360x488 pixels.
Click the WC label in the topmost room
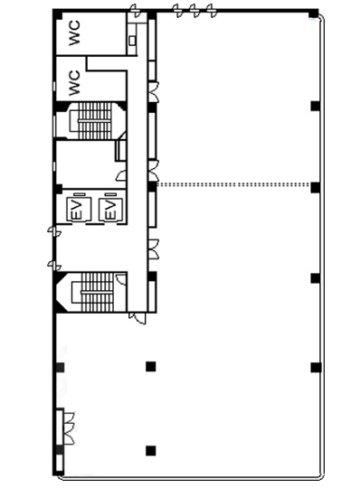(x=74, y=33)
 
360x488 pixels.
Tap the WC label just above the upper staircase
(x=74, y=83)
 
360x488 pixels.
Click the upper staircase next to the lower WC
(x=94, y=121)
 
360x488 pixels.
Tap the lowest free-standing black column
(x=151, y=451)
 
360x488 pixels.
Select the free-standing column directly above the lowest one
(x=151, y=367)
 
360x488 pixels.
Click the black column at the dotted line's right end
(x=316, y=187)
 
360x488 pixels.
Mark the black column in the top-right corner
(x=314, y=14)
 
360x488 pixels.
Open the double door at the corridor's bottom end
(x=137, y=318)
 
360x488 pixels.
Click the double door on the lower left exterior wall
(x=69, y=428)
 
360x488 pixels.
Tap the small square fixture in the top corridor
(x=132, y=40)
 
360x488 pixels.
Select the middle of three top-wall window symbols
(x=194, y=11)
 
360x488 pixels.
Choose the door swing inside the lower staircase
(x=121, y=279)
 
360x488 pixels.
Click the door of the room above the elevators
(x=121, y=175)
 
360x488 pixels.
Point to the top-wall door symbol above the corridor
(x=135, y=11)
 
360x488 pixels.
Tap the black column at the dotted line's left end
(x=152, y=186)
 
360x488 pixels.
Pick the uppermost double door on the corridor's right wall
(x=153, y=92)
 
